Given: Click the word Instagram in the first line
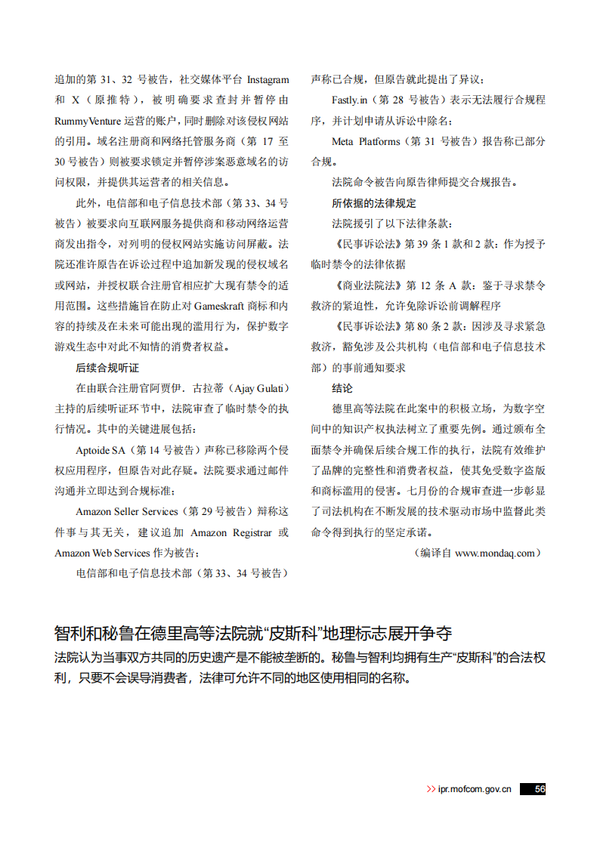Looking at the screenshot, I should click(268, 79).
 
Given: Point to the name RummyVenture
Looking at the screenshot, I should click(87, 120).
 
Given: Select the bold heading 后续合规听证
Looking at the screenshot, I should click(107, 368).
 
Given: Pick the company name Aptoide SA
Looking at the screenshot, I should click(101, 450).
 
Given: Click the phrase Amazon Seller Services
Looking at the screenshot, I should click(127, 512).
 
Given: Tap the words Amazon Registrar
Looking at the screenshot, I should click(228, 532).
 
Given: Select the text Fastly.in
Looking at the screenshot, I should click(349, 100).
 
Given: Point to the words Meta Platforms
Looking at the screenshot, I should click(366, 141).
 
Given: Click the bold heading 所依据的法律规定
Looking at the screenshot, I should click(373, 203).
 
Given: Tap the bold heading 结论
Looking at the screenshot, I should click(342, 388).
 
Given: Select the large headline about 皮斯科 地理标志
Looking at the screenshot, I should click(253, 632).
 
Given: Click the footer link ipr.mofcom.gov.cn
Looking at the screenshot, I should click(475, 789).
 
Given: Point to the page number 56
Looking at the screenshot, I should click(540, 789).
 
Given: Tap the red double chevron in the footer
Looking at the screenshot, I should click(431, 789).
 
